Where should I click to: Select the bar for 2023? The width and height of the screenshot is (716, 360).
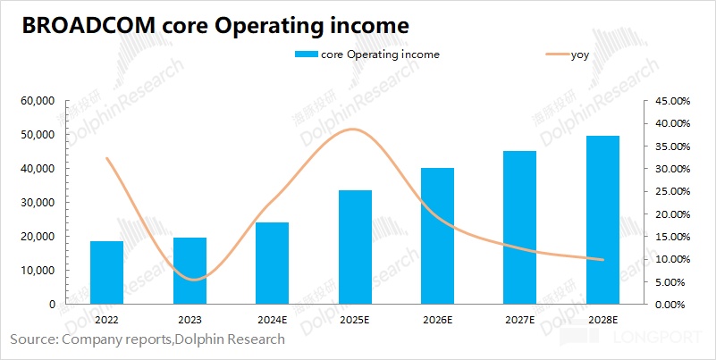(x=190, y=271)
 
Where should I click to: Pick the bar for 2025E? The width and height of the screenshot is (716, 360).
(x=355, y=247)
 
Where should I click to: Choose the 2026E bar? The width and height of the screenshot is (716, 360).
(x=437, y=236)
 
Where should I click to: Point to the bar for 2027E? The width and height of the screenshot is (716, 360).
(x=519, y=227)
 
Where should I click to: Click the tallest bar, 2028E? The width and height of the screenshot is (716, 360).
(x=602, y=220)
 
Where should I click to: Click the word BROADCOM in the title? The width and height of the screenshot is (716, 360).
(x=84, y=26)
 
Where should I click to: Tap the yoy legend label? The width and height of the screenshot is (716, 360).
(x=579, y=55)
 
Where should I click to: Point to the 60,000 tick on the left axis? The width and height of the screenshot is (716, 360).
(x=38, y=101)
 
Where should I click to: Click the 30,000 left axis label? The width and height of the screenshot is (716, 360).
(x=38, y=203)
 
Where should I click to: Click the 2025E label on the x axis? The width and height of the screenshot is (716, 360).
(x=355, y=319)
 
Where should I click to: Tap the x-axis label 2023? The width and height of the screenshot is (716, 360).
(x=190, y=319)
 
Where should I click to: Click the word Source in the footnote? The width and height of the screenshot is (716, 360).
(x=32, y=339)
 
